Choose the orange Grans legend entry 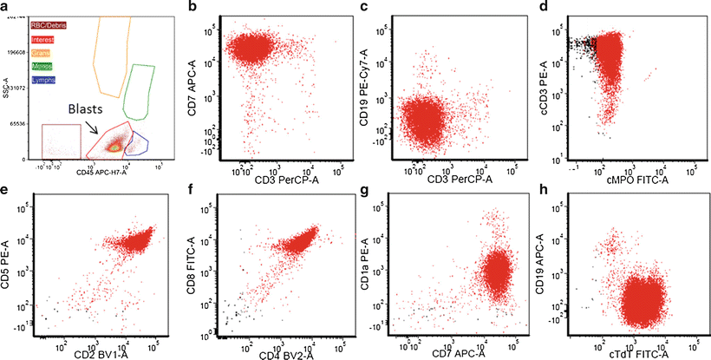pyautogui.click(x=40, y=52)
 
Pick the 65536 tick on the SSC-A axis pyautogui.click(x=15, y=125)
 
